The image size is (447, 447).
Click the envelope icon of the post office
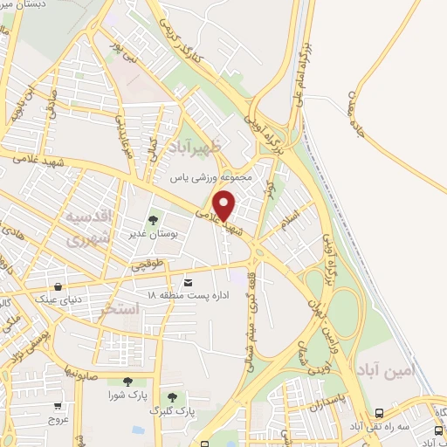pos(189,283)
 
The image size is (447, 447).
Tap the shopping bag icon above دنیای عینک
pos(58,285)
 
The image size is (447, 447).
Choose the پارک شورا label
pos(126,395)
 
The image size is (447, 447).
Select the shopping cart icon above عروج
pos(58,405)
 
